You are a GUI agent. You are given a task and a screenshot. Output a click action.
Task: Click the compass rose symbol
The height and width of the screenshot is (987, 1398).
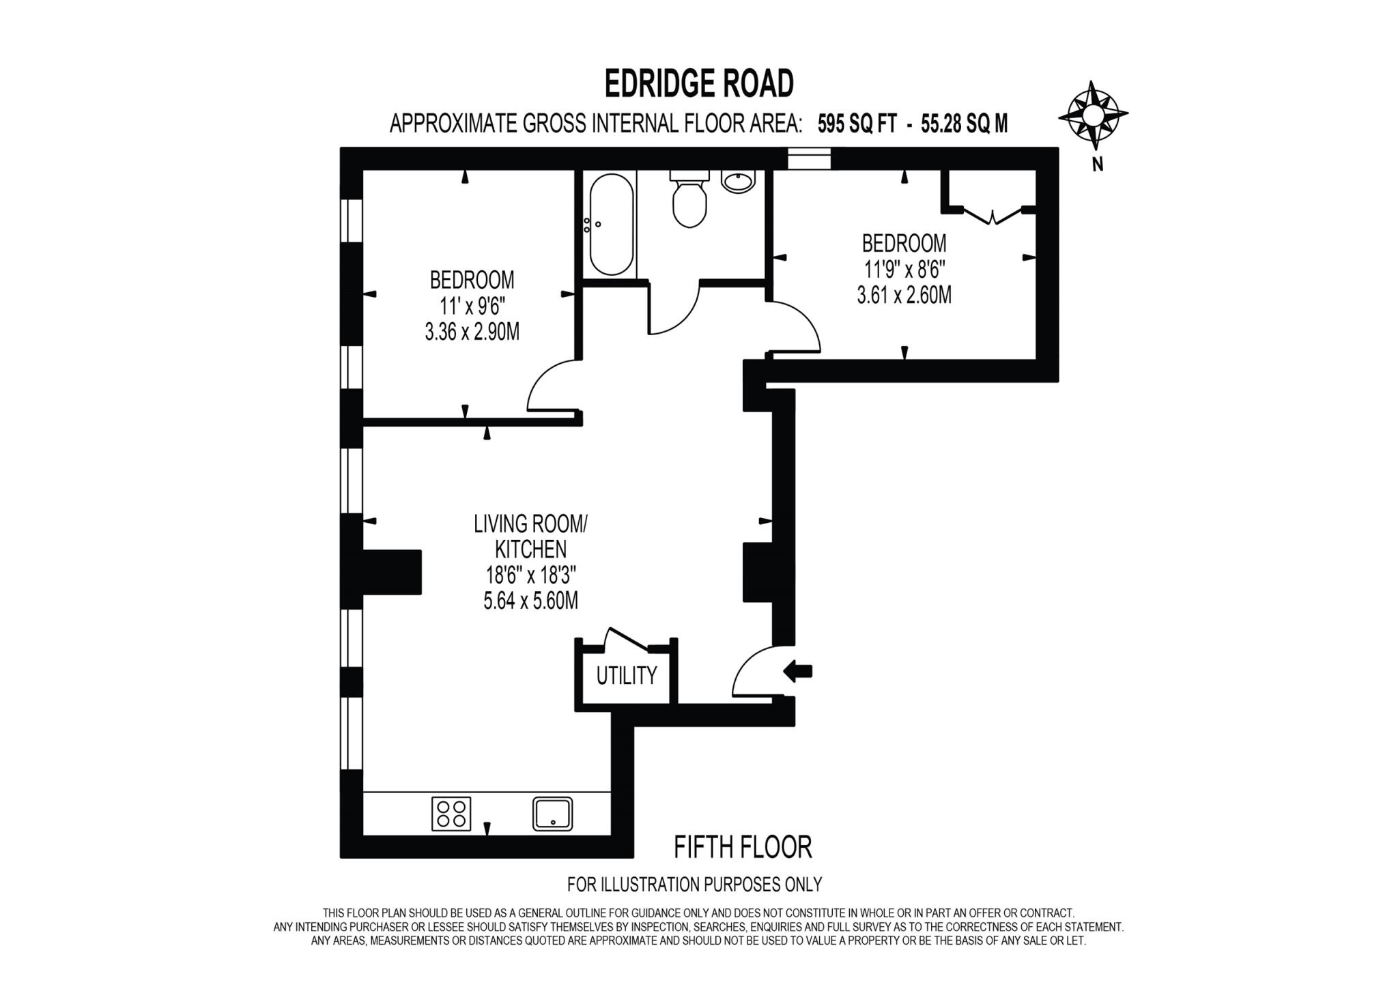click(1092, 115)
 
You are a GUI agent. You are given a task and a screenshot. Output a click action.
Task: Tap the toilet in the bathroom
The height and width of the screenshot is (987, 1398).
click(689, 199)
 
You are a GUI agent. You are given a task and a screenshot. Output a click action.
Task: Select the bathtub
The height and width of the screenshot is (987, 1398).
click(611, 225)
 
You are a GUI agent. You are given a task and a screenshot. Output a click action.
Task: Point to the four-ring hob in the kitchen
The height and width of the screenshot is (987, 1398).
click(451, 814)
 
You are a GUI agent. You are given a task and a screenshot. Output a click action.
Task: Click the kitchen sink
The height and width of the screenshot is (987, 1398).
click(552, 814)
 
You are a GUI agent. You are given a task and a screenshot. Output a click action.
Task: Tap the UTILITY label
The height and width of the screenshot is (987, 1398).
click(626, 676)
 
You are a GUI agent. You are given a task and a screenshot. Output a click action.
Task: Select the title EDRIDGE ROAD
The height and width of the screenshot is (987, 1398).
click(699, 84)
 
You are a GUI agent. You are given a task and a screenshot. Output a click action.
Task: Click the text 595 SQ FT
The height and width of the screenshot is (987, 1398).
click(857, 124)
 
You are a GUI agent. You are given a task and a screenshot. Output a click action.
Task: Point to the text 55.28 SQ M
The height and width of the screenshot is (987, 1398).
click(964, 124)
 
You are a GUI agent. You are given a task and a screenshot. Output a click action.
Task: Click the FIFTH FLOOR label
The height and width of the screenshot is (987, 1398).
click(743, 847)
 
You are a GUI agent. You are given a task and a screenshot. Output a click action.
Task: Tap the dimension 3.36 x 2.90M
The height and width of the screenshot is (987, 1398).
click(472, 332)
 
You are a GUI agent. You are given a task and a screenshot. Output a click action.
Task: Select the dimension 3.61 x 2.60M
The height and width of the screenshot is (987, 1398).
click(904, 296)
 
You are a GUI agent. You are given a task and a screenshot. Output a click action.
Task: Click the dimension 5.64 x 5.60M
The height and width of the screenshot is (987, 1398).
click(530, 601)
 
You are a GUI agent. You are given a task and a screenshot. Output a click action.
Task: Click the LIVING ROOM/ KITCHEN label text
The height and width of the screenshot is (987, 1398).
click(530, 537)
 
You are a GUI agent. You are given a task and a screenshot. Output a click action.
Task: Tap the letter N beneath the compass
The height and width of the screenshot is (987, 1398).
click(1097, 164)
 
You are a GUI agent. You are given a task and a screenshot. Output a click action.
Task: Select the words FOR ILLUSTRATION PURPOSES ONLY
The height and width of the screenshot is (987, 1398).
click(694, 885)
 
